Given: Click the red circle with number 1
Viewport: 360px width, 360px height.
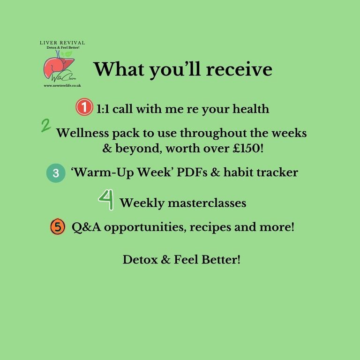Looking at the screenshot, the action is click(x=84, y=107).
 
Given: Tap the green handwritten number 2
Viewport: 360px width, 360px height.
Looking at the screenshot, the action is click(x=46, y=126).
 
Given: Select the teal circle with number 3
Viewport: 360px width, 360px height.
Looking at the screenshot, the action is click(x=56, y=173).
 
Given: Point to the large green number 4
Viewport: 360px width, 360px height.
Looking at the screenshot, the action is click(x=106, y=200).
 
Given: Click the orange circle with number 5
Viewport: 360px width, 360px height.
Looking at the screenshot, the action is click(x=58, y=226).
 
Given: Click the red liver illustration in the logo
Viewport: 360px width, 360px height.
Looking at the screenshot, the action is click(x=59, y=66).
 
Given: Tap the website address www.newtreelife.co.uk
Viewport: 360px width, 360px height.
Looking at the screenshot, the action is click(x=62, y=86).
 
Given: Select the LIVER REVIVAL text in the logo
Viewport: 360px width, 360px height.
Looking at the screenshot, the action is click(x=62, y=43).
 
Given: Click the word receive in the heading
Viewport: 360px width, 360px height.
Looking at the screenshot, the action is click(x=239, y=69).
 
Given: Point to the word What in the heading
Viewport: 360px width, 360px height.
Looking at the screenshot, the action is click(x=119, y=69).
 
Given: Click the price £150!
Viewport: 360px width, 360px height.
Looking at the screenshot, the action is click(x=248, y=148).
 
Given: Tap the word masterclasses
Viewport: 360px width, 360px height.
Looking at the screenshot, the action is click(x=207, y=203).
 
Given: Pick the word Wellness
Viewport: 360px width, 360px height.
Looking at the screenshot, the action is click(x=82, y=133).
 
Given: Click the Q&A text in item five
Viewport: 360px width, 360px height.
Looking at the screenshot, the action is click(x=86, y=227).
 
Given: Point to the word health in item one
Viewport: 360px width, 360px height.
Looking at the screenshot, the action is click(x=251, y=109).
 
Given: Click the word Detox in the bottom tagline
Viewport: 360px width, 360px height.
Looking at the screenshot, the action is click(x=140, y=260).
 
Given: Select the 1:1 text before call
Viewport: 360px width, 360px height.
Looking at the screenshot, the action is click(x=103, y=109).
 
